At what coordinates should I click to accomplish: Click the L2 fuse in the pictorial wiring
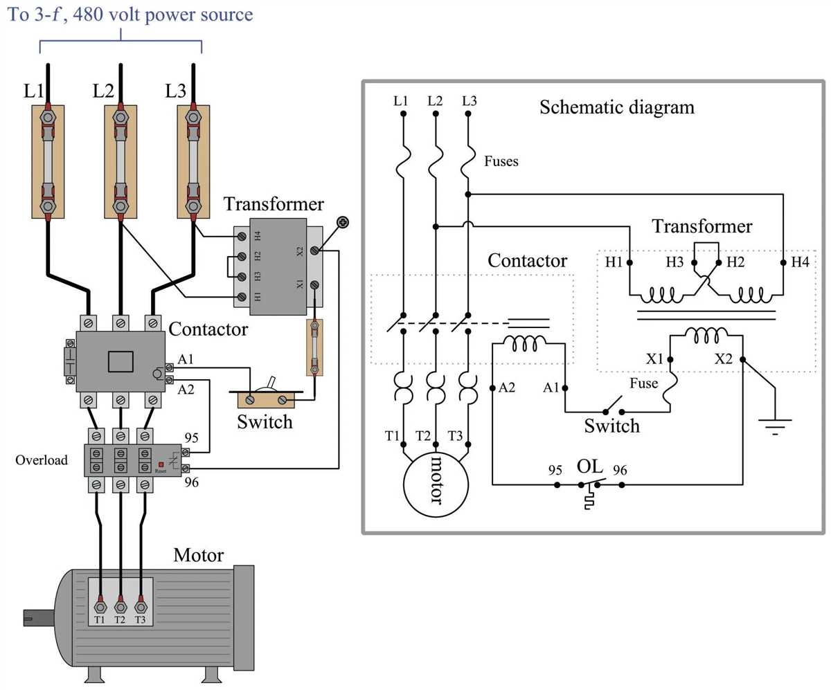click(x=120, y=161)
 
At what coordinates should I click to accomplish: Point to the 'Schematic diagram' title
click(x=616, y=107)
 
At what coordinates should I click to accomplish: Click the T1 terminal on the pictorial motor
click(x=100, y=607)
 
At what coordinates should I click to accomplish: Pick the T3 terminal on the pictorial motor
click(x=141, y=607)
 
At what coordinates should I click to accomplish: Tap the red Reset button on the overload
click(x=161, y=464)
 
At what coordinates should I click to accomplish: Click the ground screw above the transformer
click(x=342, y=222)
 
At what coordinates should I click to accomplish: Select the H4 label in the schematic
click(x=801, y=262)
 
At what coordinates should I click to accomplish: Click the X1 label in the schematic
click(x=655, y=359)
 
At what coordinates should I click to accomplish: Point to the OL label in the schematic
click(x=590, y=466)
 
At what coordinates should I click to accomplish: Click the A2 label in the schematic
click(x=507, y=388)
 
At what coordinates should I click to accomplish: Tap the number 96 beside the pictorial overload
click(x=191, y=482)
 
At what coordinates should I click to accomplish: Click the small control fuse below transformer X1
click(x=315, y=347)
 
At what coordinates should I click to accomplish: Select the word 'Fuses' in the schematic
click(x=501, y=161)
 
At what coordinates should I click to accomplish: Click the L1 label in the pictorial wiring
click(x=33, y=91)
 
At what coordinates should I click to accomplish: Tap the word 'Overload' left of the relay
click(x=42, y=460)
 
